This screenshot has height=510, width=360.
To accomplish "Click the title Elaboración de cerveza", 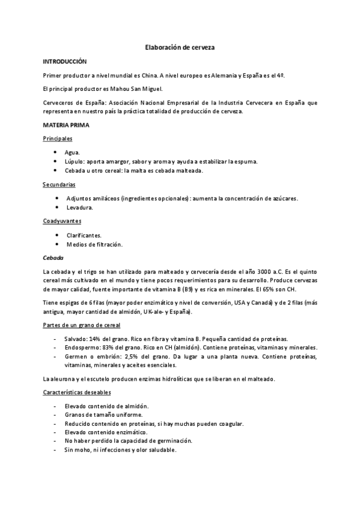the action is point(180,47).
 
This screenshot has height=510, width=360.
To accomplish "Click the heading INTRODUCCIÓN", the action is point(65,62).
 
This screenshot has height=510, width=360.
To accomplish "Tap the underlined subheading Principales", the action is point(58,139).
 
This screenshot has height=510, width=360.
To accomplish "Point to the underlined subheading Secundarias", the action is point(59,185).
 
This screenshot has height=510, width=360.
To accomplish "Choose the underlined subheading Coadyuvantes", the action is point(62,221).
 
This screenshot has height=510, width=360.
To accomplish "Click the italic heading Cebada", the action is point(53,257).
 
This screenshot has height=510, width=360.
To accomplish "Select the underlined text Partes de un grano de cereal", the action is point(81,325).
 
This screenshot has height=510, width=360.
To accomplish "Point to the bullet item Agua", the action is point(72,153).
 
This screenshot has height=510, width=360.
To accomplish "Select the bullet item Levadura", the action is point(79,207).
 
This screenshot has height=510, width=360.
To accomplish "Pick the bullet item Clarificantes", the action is point(84,235).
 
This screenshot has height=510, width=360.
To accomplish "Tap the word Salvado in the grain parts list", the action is point(76,339).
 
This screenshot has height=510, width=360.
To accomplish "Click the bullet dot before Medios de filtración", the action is point(56,244).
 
